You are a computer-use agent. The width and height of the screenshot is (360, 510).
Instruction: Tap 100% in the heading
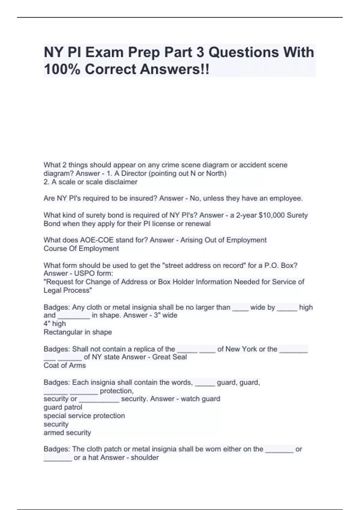click(x=62, y=69)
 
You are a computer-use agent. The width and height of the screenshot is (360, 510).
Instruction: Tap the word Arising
click(x=191, y=240)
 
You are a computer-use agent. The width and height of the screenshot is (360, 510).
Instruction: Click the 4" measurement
click(x=47, y=324)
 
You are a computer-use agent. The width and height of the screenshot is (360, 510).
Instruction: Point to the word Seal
click(x=180, y=357)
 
